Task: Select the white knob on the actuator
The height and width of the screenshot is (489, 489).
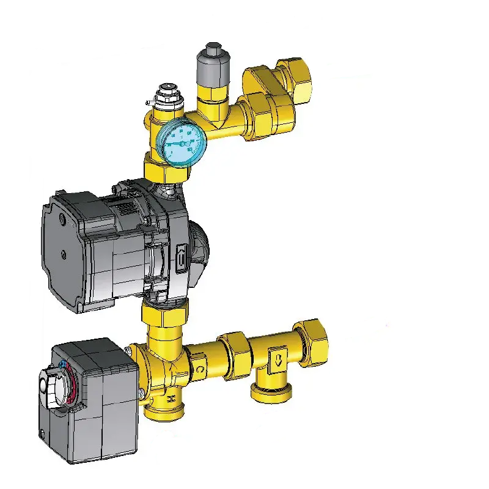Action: click(x=50, y=384)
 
